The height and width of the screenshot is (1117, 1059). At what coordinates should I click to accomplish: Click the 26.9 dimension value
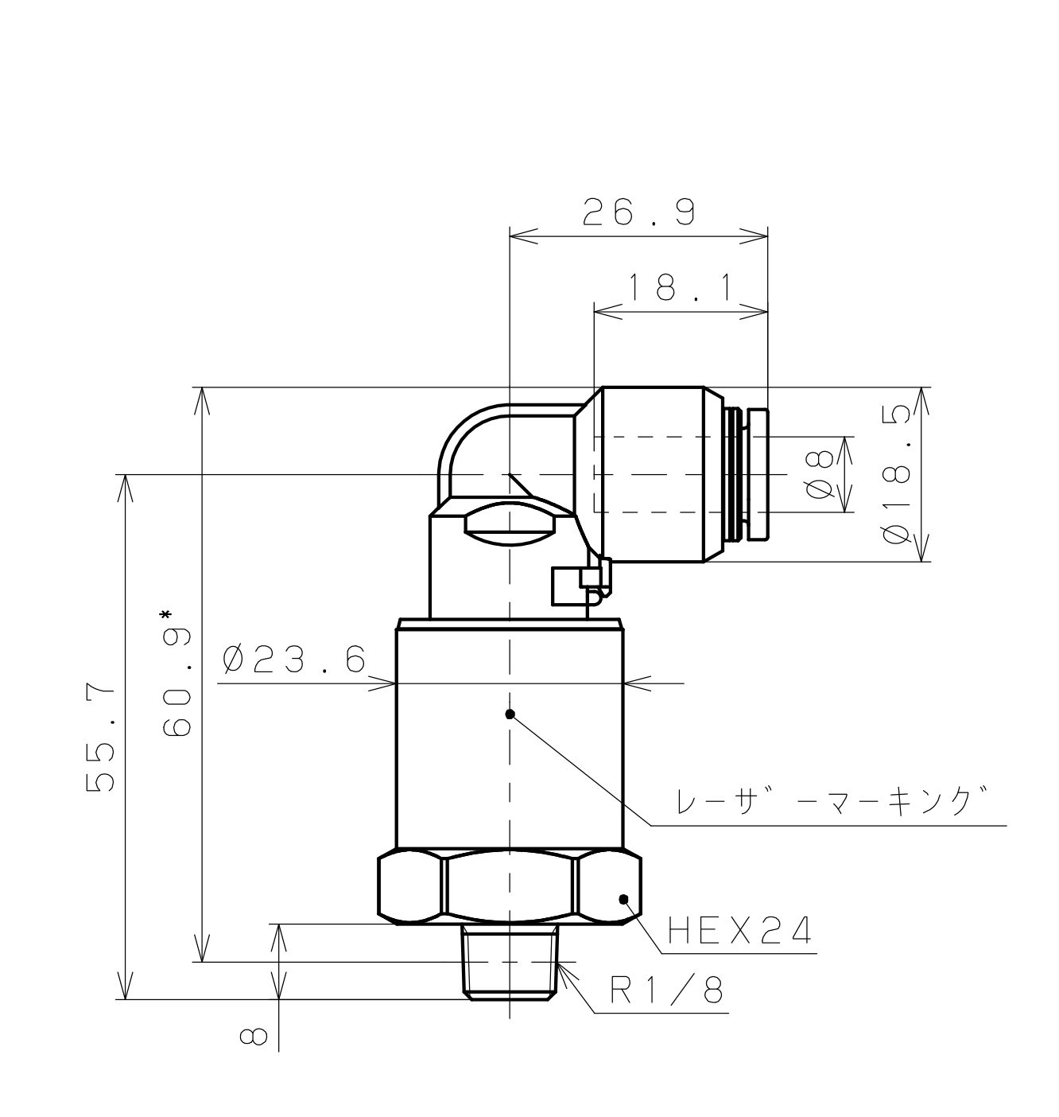coord(638,212)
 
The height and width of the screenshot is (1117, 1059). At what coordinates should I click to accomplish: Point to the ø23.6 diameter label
coord(294,660)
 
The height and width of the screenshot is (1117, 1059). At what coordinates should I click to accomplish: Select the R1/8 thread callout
coord(666,991)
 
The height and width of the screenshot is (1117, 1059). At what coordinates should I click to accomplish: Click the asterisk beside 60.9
coord(165,615)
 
